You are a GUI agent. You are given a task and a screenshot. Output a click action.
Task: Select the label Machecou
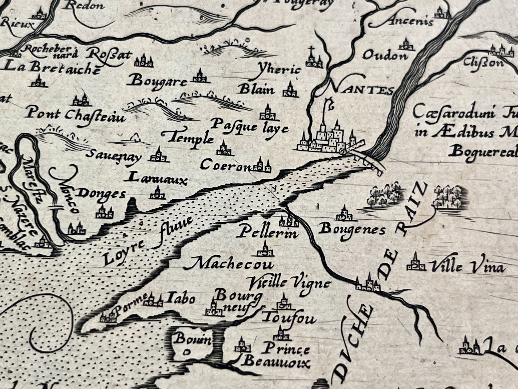coord(232,264)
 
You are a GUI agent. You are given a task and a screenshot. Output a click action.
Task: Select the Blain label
coord(257,90)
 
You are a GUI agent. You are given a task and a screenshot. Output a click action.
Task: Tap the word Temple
coord(190,139)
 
